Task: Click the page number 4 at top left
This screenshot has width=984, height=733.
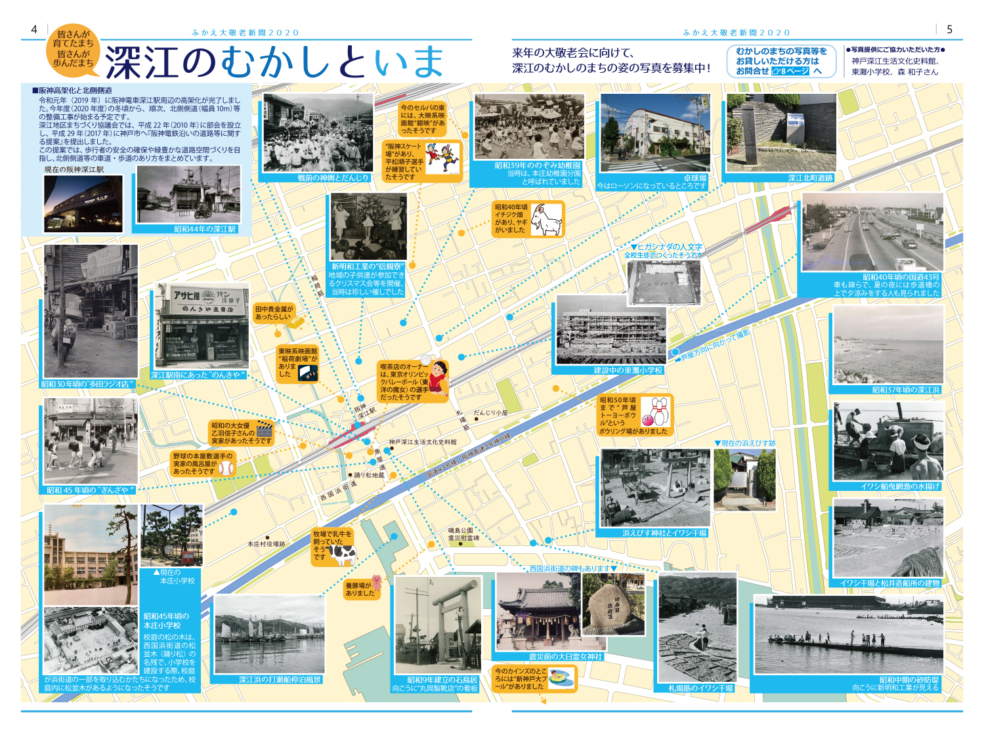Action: [34, 30]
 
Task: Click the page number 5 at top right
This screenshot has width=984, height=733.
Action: [949, 30]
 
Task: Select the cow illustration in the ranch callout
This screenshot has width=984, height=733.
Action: [342, 555]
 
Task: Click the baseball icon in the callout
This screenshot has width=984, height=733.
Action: [225, 468]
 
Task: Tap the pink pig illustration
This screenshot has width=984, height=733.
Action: [376, 582]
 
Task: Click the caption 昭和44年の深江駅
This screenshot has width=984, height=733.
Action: [205, 229]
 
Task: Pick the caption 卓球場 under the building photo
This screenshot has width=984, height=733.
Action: [695, 178]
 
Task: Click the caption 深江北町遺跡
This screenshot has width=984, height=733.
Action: [810, 178]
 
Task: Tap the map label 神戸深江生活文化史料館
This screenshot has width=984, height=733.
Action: [422, 442]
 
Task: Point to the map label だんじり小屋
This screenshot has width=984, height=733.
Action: [491, 413]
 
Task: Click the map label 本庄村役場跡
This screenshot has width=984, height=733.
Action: [266, 544]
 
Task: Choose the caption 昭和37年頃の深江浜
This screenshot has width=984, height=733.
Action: [905, 390]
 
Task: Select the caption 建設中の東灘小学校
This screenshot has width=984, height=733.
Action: [628, 371]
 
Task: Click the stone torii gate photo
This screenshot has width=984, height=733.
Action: [437, 627]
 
